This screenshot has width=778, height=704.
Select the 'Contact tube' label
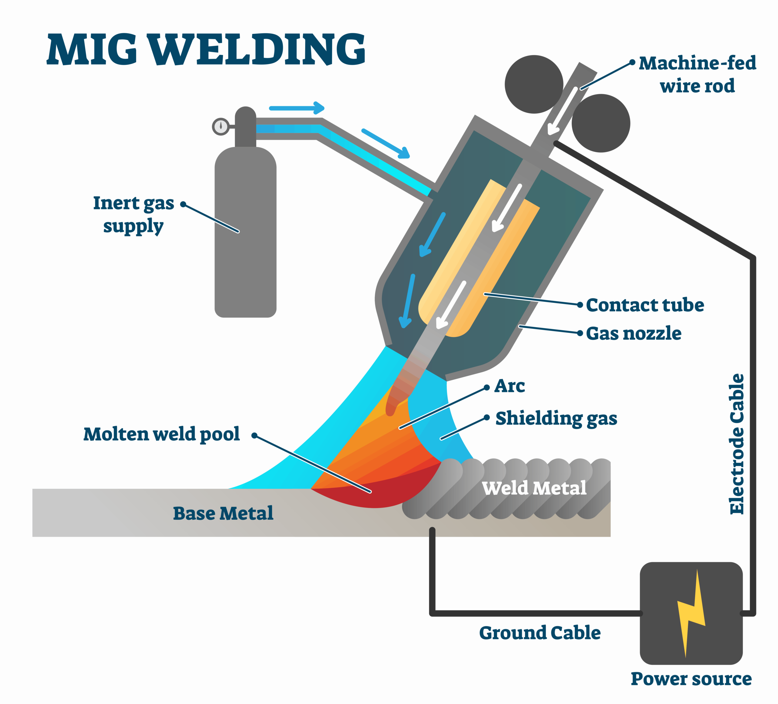click(x=645, y=305)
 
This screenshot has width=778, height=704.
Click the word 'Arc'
click(x=509, y=386)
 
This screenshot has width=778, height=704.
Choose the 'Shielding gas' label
click(x=556, y=418)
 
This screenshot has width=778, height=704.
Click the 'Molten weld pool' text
click(x=161, y=434)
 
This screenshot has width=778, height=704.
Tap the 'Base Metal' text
click(x=223, y=513)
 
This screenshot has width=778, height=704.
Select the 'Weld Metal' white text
click(x=534, y=488)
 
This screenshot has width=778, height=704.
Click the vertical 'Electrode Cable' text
click(x=737, y=443)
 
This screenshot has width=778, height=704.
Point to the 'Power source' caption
click(x=691, y=678)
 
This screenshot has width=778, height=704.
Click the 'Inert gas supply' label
click(x=133, y=214)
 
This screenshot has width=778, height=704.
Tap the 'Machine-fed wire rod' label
click(x=697, y=74)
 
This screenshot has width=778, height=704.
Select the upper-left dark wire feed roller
click(x=534, y=84)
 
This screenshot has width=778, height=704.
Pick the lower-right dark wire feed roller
click(x=601, y=123)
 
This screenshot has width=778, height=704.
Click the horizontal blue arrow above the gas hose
click(x=296, y=108)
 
